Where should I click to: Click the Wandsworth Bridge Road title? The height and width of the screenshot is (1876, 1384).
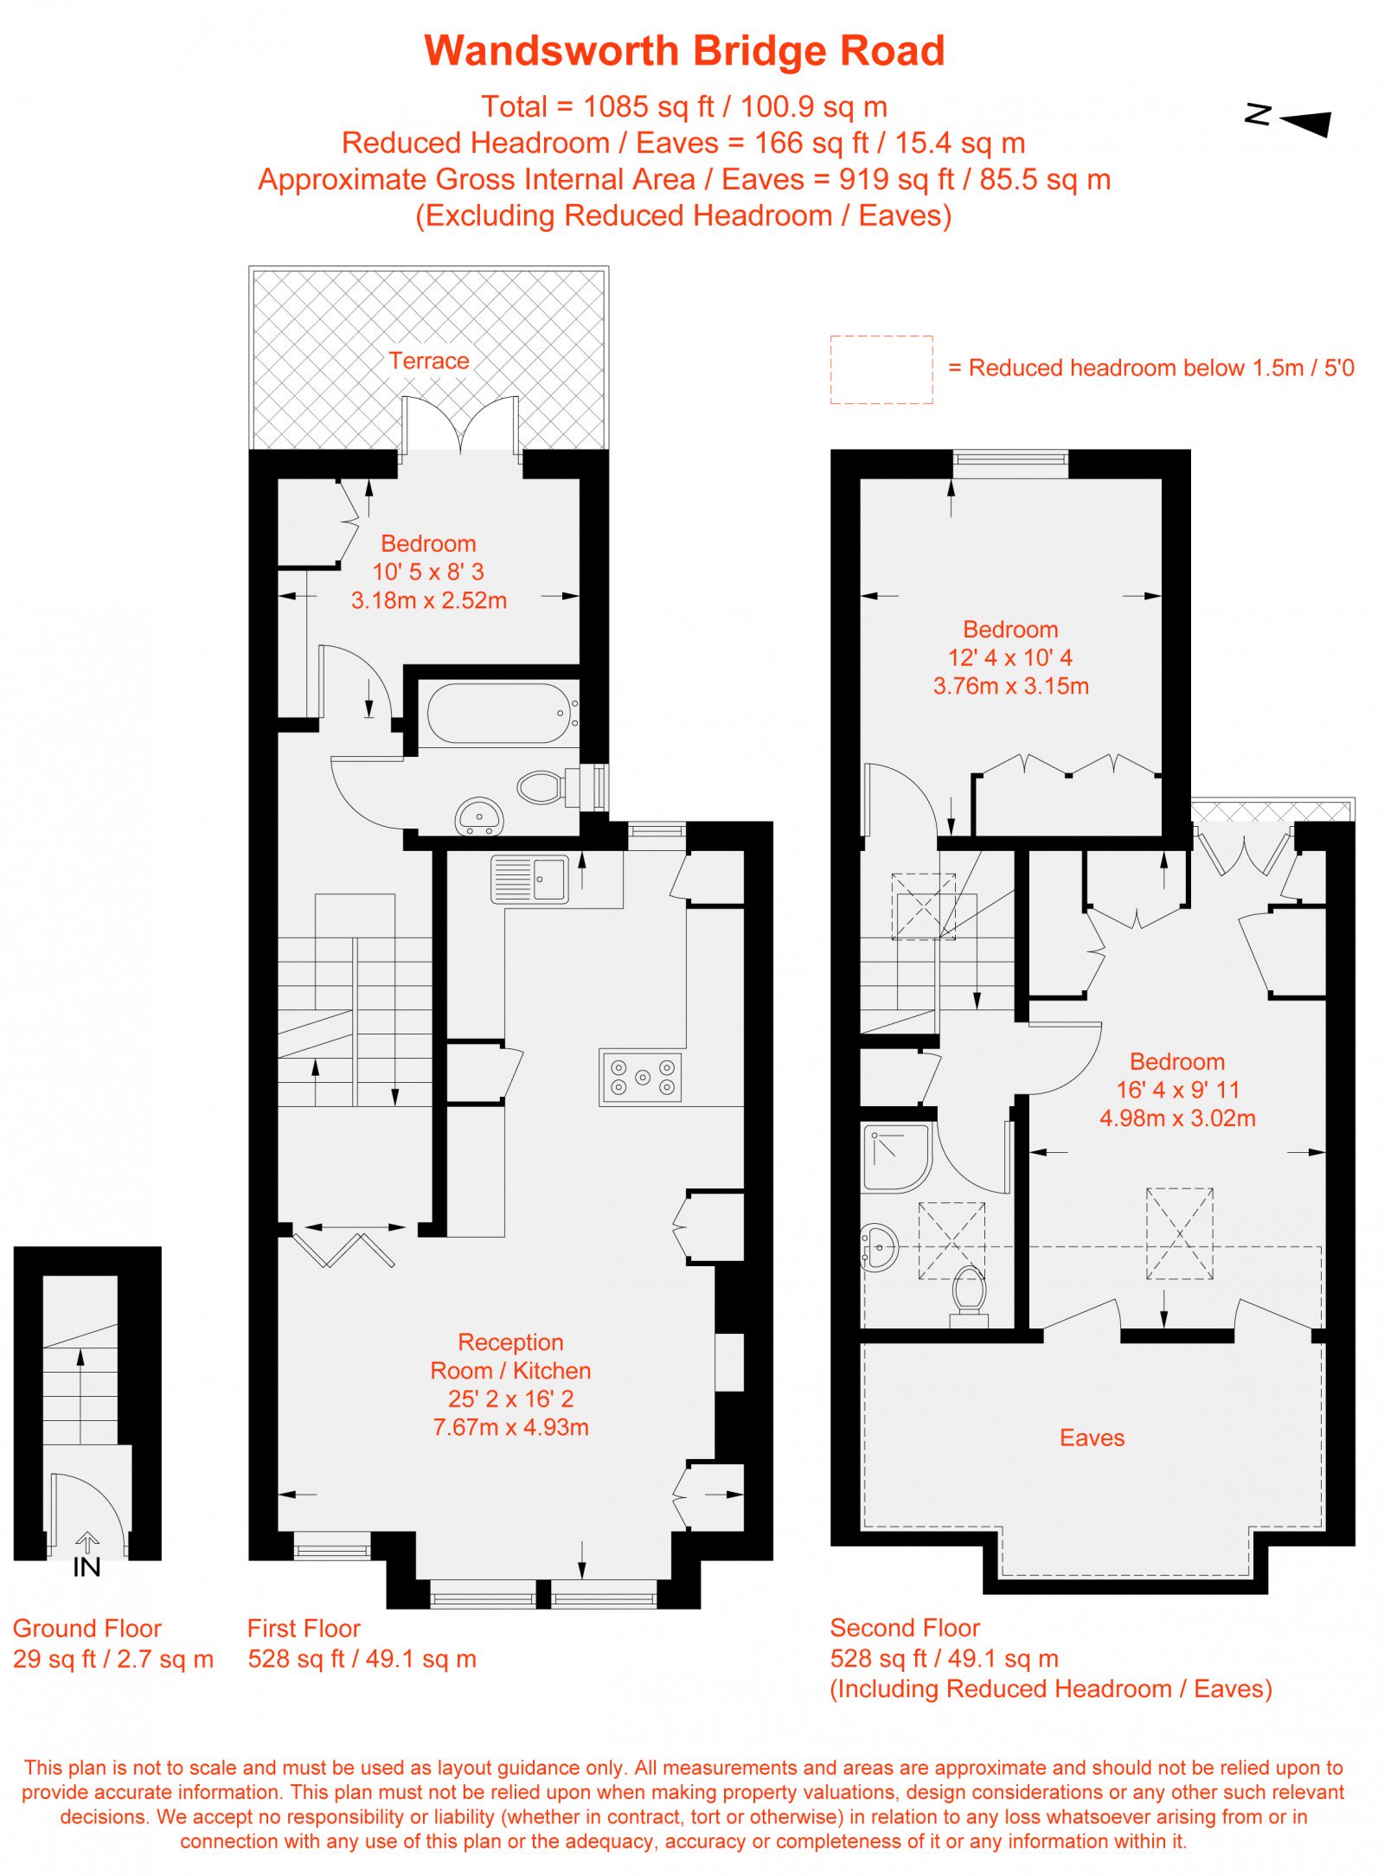(x=684, y=51)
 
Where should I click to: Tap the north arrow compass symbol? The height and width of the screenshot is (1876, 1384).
(x=1288, y=121)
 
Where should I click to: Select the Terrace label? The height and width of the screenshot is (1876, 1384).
(x=429, y=361)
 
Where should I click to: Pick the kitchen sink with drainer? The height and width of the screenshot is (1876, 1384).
(x=529, y=880)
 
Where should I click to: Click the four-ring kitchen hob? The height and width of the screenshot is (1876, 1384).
(x=641, y=1078)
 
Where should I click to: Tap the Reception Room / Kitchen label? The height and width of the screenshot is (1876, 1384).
(x=511, y=1356)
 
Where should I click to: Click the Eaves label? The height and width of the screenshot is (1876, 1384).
(x=1092, y=1437)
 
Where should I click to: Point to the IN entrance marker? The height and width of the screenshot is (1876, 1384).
(x=86, y=1566)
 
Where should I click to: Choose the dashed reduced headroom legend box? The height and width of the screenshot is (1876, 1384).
(x=881, y=369)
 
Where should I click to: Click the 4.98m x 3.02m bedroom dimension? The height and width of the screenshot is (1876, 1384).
(x=1177, y=1118)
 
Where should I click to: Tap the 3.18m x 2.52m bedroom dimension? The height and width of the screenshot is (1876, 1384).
(x=429, y=600)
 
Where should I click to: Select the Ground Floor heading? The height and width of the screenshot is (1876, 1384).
(x=87, y=1629)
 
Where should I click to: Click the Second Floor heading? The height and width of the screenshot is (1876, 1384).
(x=905, y=1628)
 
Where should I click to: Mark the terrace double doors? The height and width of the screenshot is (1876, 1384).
(x=461, y=424)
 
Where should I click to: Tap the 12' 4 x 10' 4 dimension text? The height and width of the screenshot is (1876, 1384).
(x=1010, y=657)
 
